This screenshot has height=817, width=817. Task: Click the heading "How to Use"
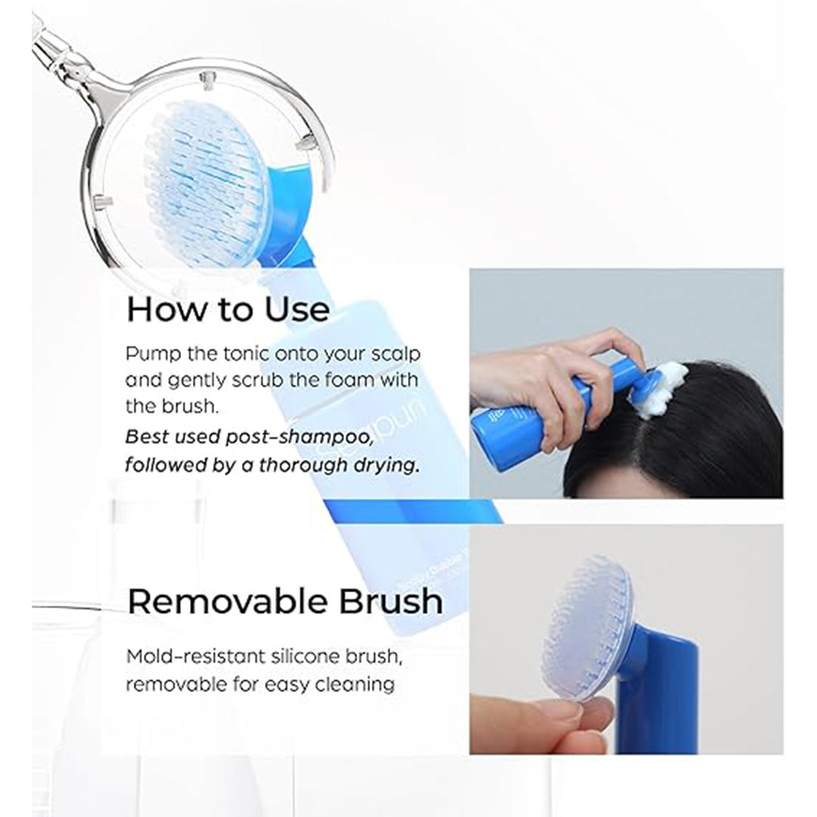pos(228,309)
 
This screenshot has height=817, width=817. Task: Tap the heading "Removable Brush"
pos(285,601)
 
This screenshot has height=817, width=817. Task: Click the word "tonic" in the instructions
pos(247,354)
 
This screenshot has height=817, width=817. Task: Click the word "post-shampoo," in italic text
pos(300,438)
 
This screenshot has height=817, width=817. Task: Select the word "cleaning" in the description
pos(355,685)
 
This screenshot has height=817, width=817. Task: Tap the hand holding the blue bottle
pos(551,381)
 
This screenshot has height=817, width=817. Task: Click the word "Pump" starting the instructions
pos(154,355)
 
